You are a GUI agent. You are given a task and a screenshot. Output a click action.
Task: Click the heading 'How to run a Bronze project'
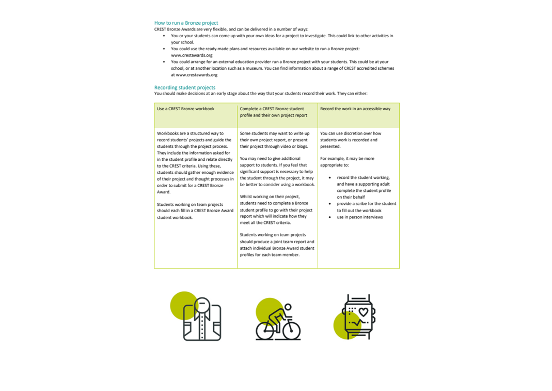(186, 23)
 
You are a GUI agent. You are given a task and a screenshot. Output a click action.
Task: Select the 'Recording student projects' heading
(184, 87)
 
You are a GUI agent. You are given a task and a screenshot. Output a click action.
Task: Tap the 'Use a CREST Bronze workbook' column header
(185, 109)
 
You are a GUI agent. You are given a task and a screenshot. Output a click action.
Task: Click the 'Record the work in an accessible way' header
(355, 109)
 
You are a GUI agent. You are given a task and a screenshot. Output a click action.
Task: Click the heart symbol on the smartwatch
(364, 312)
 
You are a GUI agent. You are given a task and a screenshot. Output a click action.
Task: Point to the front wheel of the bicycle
(292, 330)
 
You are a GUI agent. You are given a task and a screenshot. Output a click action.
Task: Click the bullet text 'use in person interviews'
(360, 217)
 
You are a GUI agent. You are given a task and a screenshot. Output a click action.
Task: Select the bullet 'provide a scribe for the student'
(366, 204)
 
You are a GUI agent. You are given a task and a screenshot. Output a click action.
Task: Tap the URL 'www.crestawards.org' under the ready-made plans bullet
(192, 55)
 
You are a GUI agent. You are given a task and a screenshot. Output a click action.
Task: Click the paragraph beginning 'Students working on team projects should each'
(195, 211)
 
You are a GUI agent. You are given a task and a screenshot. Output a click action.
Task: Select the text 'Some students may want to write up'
(275, 133)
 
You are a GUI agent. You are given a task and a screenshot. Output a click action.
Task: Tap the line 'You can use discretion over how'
(351, 133)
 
